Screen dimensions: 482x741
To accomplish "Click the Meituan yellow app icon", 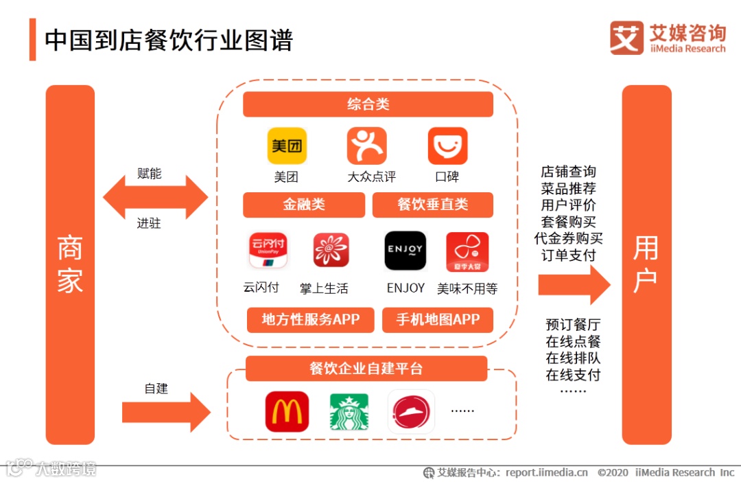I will [x=287, y=146].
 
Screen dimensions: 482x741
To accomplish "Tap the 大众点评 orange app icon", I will [x=367, y=146].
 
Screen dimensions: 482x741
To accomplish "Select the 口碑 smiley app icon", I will [x=447, y=146].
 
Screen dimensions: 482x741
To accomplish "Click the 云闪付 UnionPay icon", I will [x=268, y=251].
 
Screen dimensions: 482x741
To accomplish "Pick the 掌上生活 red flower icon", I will [x=331, y=251].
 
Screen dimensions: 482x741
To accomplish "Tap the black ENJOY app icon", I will [x=405, y=251].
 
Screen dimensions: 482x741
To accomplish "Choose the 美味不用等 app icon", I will [x=467, y=252].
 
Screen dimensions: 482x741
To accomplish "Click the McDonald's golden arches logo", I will [x=287, y=411].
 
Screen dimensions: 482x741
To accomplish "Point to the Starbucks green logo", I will [x=349, y=411].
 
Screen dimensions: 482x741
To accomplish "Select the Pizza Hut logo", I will [x=411, y=411].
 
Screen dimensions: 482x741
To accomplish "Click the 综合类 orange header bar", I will [x=368, y=104].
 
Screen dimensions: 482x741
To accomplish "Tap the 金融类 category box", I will [x=304, y=205].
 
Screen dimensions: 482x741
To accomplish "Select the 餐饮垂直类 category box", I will [x=432, y=205].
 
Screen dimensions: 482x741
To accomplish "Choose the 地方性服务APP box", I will [x=310, y=319].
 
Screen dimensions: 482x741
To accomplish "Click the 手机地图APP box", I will [x=438, y=319].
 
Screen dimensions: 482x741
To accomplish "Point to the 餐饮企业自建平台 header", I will [x=366, y=369].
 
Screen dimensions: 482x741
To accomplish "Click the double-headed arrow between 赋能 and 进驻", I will [x=155, y=198].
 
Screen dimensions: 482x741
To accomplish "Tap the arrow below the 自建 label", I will [x=165, y=413].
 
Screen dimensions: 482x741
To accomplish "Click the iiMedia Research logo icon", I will [x=626, y=38].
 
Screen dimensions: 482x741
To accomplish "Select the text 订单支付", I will [x=568, y=255].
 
